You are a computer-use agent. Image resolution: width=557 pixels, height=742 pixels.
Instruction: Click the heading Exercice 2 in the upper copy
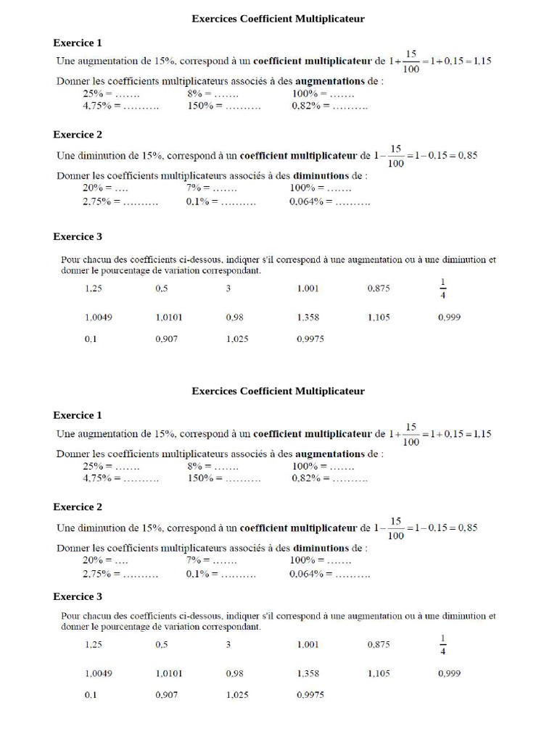click(78, 135)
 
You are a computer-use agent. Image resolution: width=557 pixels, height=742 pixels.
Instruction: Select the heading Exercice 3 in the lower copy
click(78, 597)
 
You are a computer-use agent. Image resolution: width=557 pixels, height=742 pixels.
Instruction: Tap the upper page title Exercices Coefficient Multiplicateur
click(278, 19)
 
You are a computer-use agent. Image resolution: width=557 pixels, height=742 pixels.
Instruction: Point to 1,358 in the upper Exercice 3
click(308, 317)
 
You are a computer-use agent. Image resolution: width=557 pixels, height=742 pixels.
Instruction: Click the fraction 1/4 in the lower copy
click(443, 644)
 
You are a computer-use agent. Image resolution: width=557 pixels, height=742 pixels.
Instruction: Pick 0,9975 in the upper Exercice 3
click(310, 339)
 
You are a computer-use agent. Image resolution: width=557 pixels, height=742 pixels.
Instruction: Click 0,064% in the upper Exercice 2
click(306, 202)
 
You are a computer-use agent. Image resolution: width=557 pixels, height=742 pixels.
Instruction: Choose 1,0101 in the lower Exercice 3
click(169, 673)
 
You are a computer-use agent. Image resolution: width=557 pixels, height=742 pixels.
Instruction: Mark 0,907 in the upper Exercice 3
click(166, 339)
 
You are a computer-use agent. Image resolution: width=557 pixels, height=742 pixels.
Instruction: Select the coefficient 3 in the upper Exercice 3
click(228, 288)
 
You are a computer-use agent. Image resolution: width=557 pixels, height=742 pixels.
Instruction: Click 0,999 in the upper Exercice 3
click(449, 317)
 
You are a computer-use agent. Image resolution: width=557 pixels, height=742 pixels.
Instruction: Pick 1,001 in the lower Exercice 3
click(308, 644)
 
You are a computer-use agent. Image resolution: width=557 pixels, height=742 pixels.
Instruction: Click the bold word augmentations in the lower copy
click(330, 454)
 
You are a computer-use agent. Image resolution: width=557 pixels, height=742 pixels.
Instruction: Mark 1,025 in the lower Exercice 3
click(237, 695)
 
